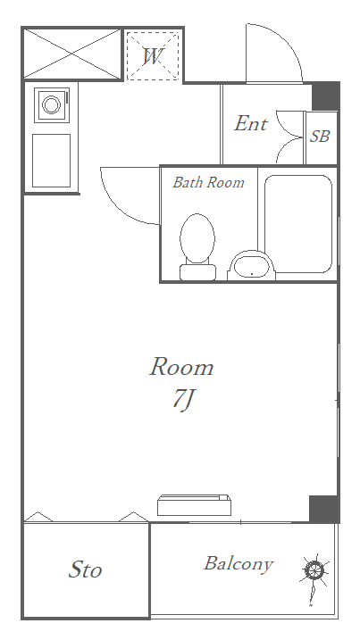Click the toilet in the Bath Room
[197, 246]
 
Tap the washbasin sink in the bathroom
[251, 266]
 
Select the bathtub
[297, 224]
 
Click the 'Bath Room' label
[208, 182]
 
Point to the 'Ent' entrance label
[250, 123]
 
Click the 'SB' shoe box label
[320, 137]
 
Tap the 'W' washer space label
[153, 56]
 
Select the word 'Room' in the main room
[181, 367]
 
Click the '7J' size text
[182, 400]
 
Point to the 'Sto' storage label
[85, 569]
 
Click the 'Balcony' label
[239, 563]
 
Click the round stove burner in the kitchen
[52, 105]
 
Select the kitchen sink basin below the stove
[51, 161]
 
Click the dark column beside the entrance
[326, 96]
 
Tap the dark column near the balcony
[324, 509]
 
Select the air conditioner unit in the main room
[194, 505]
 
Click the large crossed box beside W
[72, 54]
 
